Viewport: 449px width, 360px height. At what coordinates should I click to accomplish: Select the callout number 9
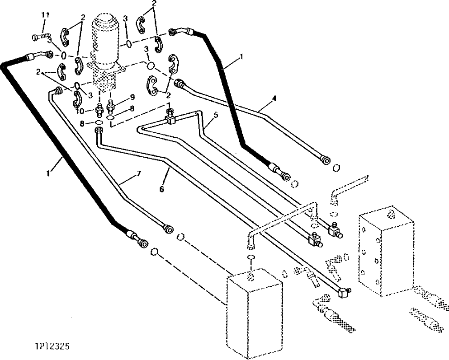pos(132,96)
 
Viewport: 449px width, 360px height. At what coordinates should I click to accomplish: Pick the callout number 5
pos(216,115)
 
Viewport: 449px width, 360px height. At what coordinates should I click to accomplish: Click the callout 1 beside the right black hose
pos(241,57)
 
